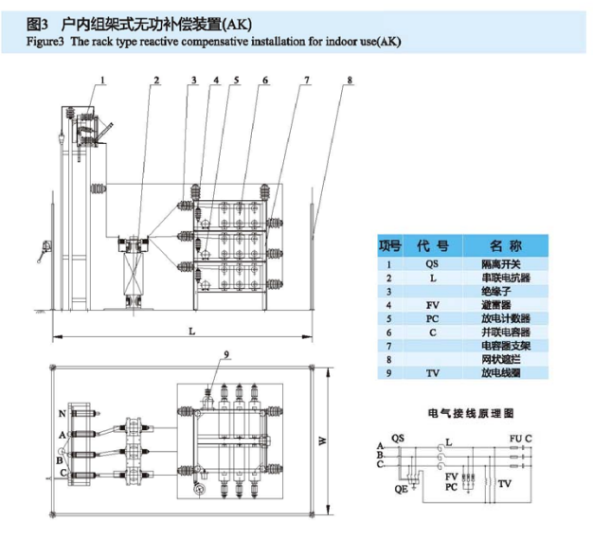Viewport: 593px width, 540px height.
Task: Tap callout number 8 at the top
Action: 350,81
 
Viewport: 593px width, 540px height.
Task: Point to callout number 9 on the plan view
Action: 226,353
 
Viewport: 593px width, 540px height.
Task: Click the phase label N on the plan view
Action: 63,414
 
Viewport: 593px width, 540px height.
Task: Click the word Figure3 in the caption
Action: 47,43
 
